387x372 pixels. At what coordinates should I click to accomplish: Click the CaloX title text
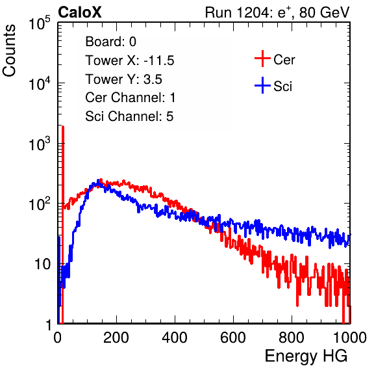click(x=80, y=12)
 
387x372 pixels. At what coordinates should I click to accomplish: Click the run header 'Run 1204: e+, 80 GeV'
click(x=277, y=12)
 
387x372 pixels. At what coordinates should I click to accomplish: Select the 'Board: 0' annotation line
click(x=110, y=42)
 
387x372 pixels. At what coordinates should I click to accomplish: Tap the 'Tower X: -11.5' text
click(x=130, y=60)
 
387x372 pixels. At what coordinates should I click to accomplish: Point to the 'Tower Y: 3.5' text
click(x=123, y=79)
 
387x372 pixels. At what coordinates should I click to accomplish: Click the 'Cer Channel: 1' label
click(x=130, y=98)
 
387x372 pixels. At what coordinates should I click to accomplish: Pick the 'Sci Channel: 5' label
click(x=129, y=116)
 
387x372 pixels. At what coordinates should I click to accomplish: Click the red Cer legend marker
click(x=262, y=59)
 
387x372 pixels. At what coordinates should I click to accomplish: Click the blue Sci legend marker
click(x=262, y=85)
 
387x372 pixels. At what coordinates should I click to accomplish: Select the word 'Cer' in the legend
click(x=284, y=60)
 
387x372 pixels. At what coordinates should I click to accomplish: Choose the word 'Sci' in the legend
click(x=282, y=86)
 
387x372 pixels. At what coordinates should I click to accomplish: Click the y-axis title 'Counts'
click(x=9, y=51)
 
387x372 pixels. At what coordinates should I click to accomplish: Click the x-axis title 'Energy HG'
click(x=306, y=356)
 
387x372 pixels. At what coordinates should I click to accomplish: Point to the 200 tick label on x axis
click(x=116, y=338)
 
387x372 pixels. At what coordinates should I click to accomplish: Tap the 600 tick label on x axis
click(x=233, y=338)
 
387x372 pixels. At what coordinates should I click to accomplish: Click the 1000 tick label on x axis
click(x=350, y=338)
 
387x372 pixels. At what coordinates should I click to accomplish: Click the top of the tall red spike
click(x=63, y=127)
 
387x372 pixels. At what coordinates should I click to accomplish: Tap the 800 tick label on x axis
click(x=292, y=338)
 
